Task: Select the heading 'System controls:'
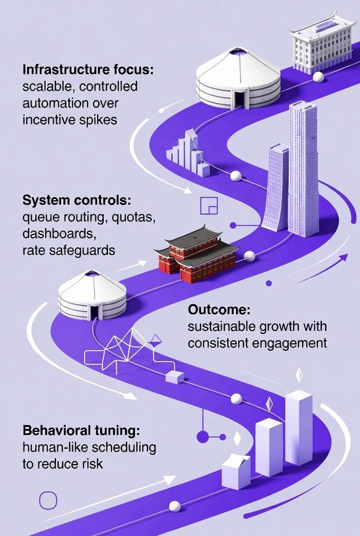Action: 77,201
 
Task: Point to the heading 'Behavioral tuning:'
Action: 81,431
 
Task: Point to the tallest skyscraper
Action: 303,170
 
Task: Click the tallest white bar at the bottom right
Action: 298,427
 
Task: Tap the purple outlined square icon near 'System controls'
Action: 209,206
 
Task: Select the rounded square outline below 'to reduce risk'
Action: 48,500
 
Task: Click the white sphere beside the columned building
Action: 318,77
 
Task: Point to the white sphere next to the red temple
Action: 249,256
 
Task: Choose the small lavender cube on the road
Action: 174,377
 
